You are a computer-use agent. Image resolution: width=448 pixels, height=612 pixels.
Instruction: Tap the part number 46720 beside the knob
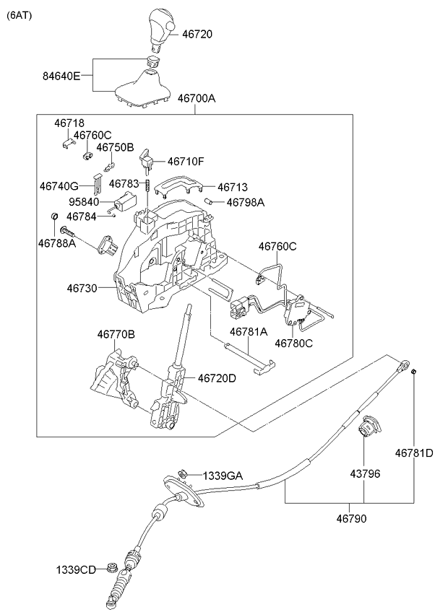(x=197, y=35)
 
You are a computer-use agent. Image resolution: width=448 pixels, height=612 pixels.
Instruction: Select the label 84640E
(x=61, y=76)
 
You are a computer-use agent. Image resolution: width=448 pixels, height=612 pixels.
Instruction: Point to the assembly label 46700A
(x=197, y=98)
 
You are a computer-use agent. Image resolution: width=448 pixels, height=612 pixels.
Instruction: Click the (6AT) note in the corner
(x=20, y=16)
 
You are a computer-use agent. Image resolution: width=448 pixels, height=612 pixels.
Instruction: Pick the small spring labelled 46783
(x=149, y=185)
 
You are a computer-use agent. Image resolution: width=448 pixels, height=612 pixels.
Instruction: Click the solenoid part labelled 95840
(x=124, y=202)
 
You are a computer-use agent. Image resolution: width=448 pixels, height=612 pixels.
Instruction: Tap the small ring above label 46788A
(x=55, y=216)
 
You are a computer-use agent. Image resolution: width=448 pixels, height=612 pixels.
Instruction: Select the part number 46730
(x=82, y=289)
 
